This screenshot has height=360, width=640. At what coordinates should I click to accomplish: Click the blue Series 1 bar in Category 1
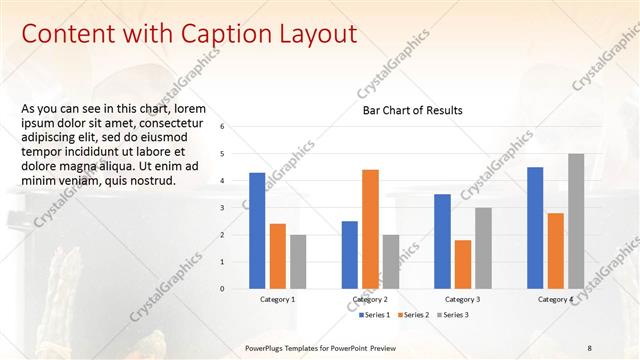click(257, 231)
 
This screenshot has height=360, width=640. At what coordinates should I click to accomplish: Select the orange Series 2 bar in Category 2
click(370, 229)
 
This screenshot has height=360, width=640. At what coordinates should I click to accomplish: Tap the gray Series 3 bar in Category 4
click(576, 221)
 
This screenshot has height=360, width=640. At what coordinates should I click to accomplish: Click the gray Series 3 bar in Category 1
click(298, 262)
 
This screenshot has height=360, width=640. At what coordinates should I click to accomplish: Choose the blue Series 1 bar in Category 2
click(350, 255)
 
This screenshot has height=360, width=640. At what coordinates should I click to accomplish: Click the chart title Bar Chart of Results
click(412, 111)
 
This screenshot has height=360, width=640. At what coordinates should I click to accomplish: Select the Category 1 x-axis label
click(277, 299)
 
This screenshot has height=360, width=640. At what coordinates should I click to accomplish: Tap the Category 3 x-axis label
click(462, 299)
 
